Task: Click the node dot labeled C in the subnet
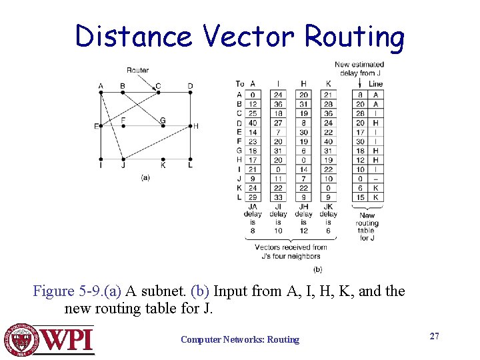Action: tap(157, 93)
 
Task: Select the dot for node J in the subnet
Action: tap(123, 159)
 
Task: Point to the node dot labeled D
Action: tap(190, 93)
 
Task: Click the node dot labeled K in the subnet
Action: tap(163, 159)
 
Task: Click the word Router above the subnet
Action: tap(138, 70)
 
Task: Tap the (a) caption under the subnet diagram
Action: tap(145, 177)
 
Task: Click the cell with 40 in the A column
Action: tap(253, 123)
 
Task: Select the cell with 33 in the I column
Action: tap(278, 197)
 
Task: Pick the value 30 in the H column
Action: tap(304, 132)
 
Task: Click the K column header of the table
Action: tap(328, 84)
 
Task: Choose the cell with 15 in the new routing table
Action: tap(360, 197)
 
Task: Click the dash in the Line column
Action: tap(375, 179)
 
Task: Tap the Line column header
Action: tap(375, 84)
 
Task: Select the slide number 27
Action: tap(434, 336)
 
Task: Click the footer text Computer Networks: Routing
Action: tap(240, 340)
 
